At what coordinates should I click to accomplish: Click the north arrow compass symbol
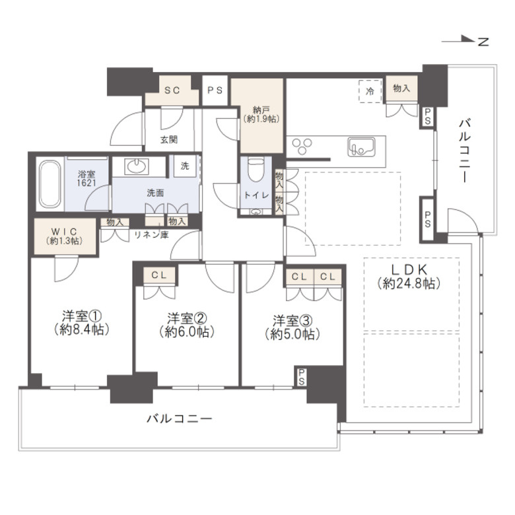point(465,40)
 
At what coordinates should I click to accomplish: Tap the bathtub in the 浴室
point(50,184)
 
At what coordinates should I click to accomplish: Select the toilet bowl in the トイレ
point(256,170)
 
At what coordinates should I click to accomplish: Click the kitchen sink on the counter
point(361,147)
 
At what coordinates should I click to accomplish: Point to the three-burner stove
point(302,146)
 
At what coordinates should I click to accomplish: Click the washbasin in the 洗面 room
point(136,166)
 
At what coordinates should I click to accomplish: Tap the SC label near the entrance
point(172,90)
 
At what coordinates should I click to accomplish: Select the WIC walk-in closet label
point(64,231)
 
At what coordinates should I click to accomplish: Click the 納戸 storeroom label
point(261,110)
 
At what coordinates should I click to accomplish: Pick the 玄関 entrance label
point(169,139)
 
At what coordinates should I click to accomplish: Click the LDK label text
point(409,269)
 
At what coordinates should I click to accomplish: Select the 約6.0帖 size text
point(187,332)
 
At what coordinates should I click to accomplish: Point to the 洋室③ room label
point(292,320)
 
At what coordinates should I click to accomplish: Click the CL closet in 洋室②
point(159,275)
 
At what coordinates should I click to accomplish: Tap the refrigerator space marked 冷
point(370,91)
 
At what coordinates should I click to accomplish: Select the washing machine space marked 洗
point(185,166)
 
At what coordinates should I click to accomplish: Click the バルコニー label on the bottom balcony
point(179,419)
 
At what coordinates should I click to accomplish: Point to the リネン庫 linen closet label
point(151,234)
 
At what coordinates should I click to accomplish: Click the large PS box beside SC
point(215,90)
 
